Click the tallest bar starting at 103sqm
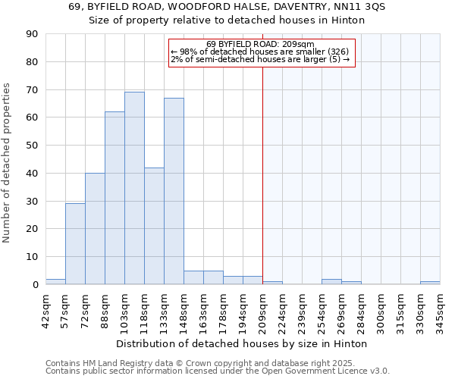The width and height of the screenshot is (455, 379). (134, 188)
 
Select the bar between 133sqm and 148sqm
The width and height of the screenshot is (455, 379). (174, 191)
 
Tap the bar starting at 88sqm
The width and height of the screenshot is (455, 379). (115, 198)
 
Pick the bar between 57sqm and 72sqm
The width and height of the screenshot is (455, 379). (75, 244)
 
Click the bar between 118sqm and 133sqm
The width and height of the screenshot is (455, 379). (154, 226)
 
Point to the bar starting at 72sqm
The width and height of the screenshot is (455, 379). (95, 229)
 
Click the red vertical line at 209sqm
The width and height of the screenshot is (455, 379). (262, 174)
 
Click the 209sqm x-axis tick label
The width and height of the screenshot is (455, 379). (262, 311)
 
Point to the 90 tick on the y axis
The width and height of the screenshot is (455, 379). (32, 34)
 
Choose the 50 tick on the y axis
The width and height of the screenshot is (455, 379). (32, 146)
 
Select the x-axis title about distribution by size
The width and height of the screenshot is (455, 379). (243, 343)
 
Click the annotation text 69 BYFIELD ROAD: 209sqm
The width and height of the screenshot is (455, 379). (260, 44)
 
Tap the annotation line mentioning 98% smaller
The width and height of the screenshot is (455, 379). (260, 52)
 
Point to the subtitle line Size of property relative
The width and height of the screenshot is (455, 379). (227, 20)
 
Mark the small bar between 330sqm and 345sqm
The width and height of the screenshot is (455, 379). (430, 283)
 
